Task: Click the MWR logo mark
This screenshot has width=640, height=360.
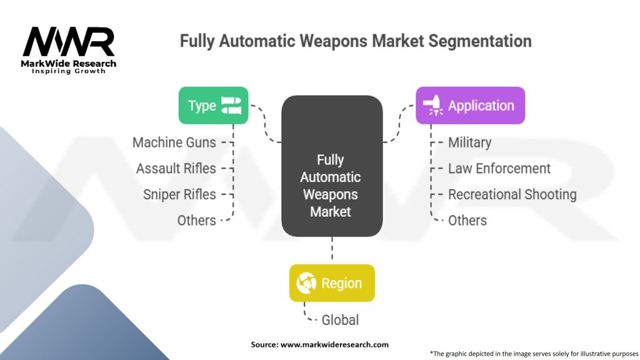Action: [x=69, y=42]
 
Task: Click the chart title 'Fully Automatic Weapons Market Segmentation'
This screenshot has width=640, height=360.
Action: [x=356, y=42]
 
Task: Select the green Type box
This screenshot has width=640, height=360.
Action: [x=213, y=106]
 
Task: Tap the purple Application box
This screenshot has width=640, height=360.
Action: [x=470, y=106]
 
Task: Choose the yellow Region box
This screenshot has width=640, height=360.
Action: [x=332, y=283]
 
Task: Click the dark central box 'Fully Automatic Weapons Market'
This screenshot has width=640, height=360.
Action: [x=331, y=166]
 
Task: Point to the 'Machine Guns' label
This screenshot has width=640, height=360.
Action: [x=174, y=142]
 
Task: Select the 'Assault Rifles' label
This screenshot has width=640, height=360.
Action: [x=176, y=169]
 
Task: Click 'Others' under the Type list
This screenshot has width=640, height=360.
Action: [x=196, y=221]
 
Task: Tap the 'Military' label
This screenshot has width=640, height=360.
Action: [x=469, y=142]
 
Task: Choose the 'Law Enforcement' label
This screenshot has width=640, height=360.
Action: [x=499, y=169]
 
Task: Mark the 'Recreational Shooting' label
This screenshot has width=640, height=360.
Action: [x=512, y=194]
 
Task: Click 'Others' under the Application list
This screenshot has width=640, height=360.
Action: [x=467, y=221]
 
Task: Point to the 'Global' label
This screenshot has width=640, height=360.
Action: [x=340, y=320]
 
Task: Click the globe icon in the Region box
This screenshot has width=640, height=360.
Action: [x=307, y=283]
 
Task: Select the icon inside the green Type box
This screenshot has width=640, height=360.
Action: [x=231, y=106]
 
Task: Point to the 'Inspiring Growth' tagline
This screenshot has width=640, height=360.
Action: [x=69, y=71]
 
